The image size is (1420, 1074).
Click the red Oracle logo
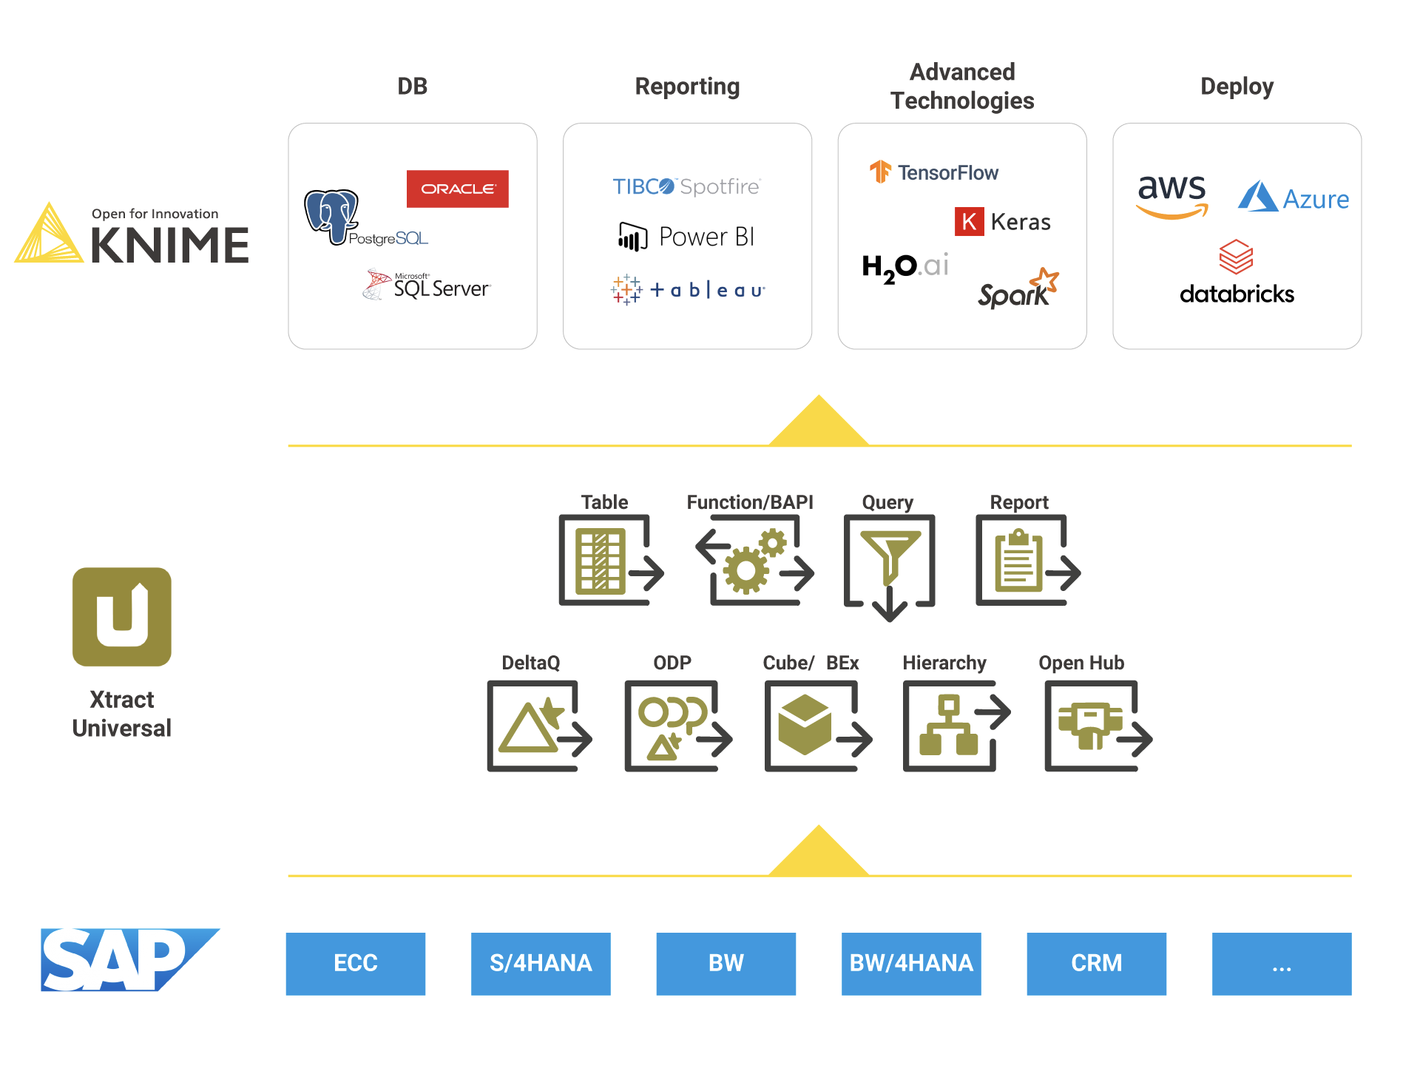point(457,189)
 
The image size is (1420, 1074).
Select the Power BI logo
point(686,237)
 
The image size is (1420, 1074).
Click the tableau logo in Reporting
point(688,290)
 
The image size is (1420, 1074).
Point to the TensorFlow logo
point(933,172)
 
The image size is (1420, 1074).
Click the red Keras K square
point(969,221)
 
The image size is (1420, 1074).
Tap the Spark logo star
point(1046,280)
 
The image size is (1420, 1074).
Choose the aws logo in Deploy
point(1171,195)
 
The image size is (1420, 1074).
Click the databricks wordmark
point(1237,294)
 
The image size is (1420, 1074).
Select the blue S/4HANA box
point(541,963)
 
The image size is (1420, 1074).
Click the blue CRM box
point(1096,963)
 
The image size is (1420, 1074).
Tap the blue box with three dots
point(1281,963)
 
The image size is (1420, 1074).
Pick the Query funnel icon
point(890,566)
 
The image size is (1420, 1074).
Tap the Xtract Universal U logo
point(122,616)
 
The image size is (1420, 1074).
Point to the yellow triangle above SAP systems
point(819,854)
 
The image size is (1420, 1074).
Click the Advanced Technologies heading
point(961,87)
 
